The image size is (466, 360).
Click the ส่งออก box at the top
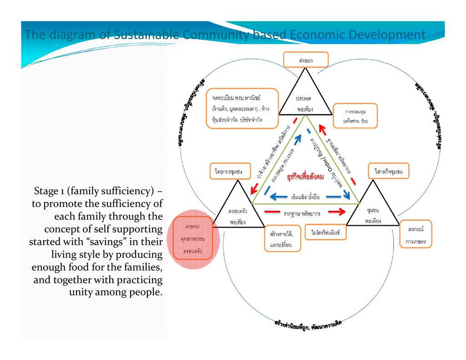pyautogui.click(x=299, y=60)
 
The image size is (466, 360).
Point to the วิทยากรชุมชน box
pyautogui.click(x=229, y=171)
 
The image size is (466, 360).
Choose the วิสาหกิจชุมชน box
pyautogui.click(x=388, y=171)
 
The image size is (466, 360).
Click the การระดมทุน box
pyautogui.click(x=356, y=116)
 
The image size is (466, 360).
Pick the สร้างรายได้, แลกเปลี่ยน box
pyautogui.click(x=282, y=238)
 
